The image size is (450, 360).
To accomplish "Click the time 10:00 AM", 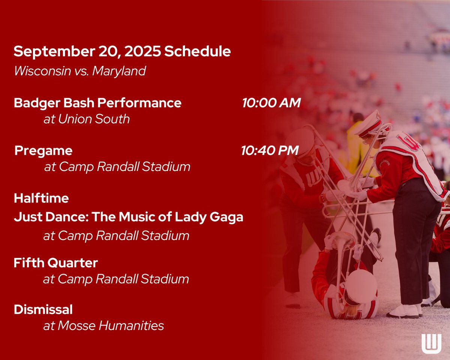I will (x=271, y=103).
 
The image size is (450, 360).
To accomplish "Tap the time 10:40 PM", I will (x=270, y=151).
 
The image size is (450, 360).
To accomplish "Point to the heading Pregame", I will (x=43, y=151).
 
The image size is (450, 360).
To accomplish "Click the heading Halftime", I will (x=41, y=198).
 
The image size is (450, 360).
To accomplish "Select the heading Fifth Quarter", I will (x=55, y=263).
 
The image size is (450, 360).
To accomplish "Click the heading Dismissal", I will (x=43, y=310).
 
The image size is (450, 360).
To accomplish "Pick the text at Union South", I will (x=87, y=119).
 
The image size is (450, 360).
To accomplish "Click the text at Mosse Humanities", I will (x=103, y=325).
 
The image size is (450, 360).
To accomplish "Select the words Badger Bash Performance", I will (x=97, y=103).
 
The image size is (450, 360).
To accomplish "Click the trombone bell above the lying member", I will (x=343, y=240).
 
